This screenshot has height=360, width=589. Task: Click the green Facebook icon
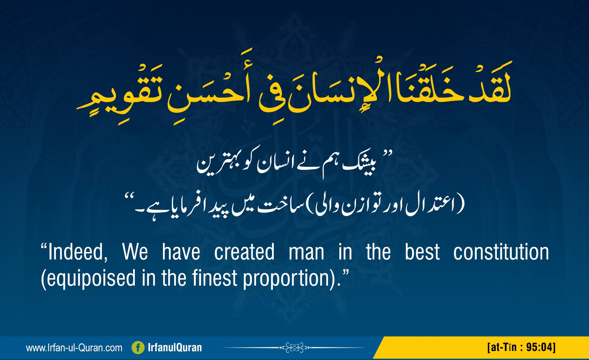138,348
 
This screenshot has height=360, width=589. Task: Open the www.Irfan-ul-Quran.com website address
74,348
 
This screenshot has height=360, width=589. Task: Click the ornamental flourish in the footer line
294,347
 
